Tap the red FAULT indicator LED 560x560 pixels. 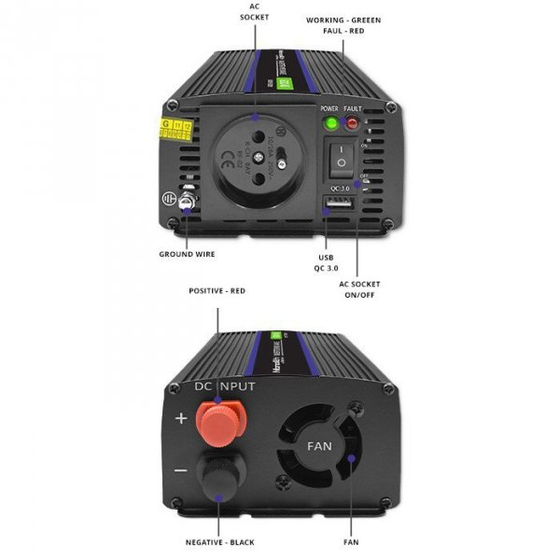[x=353, y=121]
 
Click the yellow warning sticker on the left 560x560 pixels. [x=176, y=128]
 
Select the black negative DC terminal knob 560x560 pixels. [x=219, y=471]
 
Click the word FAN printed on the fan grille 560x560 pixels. [x=320, y=445]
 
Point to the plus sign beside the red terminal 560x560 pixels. [x=181, y=417]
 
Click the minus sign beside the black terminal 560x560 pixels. [x=181, y=469]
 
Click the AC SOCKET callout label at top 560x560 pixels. [x=253, y=11]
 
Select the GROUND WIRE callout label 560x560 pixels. [x=188, y=254]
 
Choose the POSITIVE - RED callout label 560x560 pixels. [x=217, y=290]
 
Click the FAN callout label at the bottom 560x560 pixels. [x=351, y=541]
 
